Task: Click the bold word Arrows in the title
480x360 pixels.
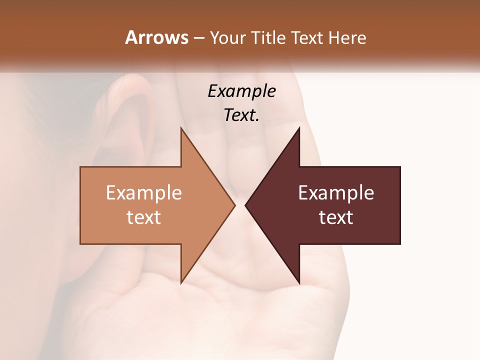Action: coord(156,37)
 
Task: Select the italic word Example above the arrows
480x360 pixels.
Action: coord(241,91)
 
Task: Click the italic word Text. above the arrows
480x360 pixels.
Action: coord(241,115)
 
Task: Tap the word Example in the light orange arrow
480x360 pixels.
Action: coord(144,192)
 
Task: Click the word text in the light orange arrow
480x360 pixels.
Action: coord(144,217)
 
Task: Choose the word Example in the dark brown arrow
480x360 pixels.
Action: coord(336,192)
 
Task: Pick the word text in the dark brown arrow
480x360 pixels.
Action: coord(336,217)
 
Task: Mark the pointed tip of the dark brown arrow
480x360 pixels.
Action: coord(247,205)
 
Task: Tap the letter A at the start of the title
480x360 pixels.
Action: coord(130,37)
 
